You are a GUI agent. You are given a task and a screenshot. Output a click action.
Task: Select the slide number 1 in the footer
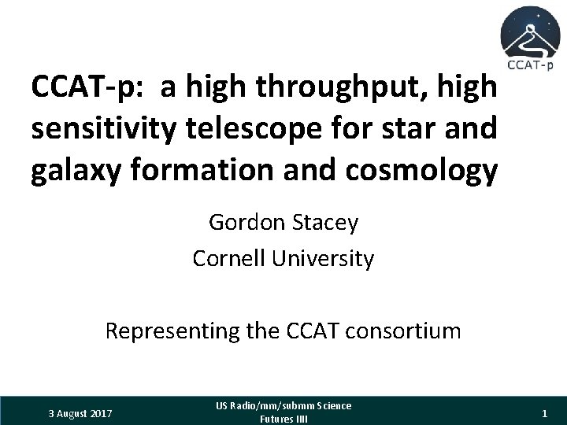(544, 412)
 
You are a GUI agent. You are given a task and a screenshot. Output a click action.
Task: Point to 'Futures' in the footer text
(275, 419)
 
